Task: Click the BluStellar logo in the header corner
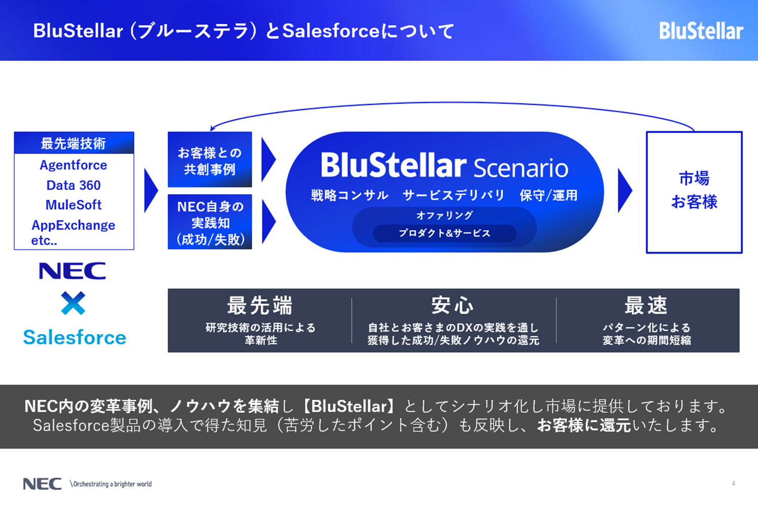(701, 31)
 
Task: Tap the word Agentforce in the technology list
(73, 166)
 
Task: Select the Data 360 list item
(73, 185)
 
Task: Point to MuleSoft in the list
(73, 205)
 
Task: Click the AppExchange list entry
(73, 225)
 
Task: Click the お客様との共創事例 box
(210, 159)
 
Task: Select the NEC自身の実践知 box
(210, 222)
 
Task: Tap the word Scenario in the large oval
(521, 168)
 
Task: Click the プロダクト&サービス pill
(445, 233)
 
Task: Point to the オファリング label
(445, 215)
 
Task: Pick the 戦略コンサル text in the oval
(350, 195)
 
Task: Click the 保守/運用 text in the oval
(548, 195)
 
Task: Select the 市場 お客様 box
(694, 192)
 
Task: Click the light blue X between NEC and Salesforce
(73, 303)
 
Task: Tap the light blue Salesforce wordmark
(75, 337)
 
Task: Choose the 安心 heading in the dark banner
(452, 305)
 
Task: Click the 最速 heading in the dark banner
(646, 305)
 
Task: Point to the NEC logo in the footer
(42, 484)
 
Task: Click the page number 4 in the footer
(733, 483)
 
